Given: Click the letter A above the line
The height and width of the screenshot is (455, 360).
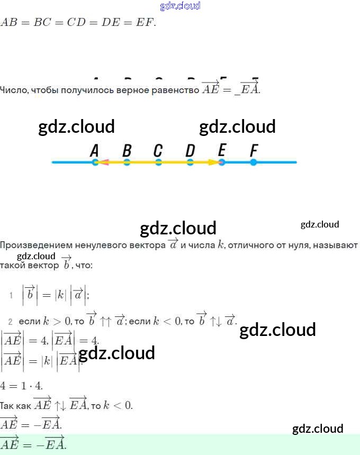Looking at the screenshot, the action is pos(95,151).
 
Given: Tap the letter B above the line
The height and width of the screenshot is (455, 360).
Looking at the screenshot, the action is pos(127,151).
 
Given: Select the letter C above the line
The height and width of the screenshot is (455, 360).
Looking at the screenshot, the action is pos(158,151).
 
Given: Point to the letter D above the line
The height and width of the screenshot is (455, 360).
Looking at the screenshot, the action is pos(190,151).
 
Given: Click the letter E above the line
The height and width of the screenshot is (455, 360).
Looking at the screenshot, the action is pos(222,151).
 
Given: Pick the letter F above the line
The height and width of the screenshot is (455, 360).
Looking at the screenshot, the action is pos(254,151).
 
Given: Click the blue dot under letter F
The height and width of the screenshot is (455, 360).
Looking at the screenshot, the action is pos(254,162).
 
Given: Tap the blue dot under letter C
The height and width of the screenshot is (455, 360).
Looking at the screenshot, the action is pos(158,162).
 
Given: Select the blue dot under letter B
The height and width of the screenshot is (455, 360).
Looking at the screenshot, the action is pos(127,162).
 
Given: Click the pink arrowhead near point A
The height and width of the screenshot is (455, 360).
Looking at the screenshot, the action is pos(104,162).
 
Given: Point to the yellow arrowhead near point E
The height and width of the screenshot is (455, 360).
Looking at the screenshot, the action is pos(213,162).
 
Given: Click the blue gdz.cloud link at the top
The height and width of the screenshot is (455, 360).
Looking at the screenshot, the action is pos(180,6).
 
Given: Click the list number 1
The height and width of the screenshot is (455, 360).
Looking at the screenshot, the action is pos(11,295).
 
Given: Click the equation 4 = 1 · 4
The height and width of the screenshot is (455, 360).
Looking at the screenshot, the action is pos(22,386).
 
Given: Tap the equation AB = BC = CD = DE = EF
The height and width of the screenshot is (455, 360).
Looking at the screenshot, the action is pos(78,23).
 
